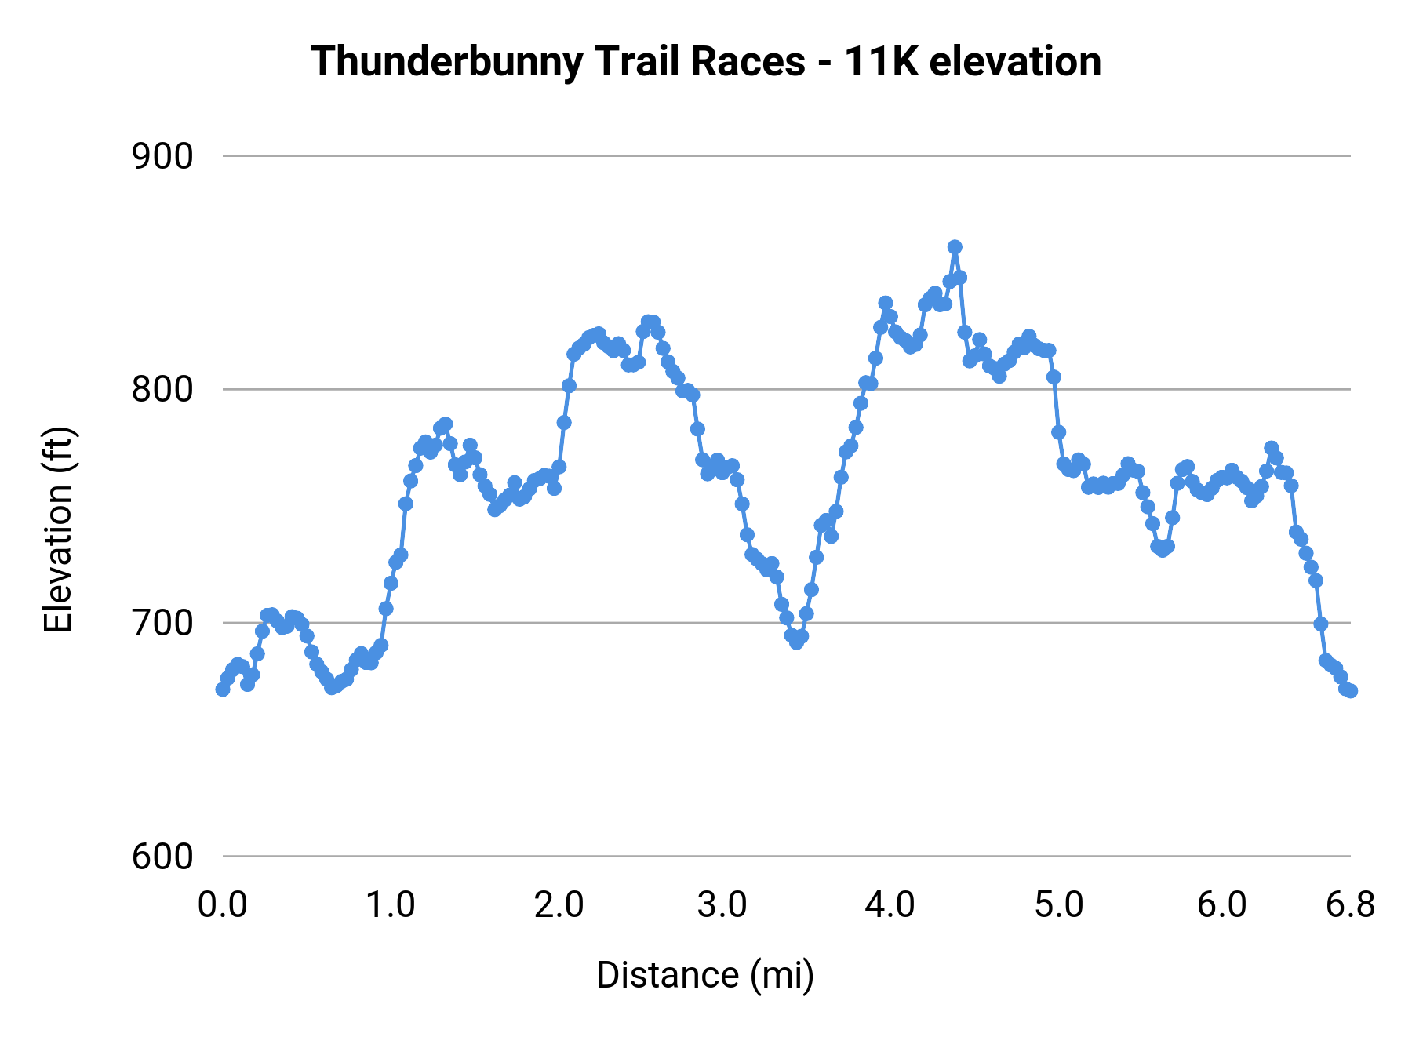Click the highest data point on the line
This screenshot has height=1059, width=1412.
[955, 247]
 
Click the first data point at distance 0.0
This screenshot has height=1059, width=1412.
[223, 689]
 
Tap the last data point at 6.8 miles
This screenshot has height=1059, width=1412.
[1350, 690]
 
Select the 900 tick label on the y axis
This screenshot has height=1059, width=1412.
[162, 157]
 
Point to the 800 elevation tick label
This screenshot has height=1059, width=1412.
[162, 389]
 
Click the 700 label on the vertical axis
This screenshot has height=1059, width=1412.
[162, 623]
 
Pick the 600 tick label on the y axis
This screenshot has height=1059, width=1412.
[162, 857]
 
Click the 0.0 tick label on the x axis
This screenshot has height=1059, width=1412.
[223, 905]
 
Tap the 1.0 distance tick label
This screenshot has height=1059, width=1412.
[391, 905]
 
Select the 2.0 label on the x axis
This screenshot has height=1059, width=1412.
[559, 905]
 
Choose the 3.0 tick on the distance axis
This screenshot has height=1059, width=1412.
[722, 905]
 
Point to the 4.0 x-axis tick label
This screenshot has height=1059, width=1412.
[890, 905]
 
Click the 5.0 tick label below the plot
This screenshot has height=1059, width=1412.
[1058, 905]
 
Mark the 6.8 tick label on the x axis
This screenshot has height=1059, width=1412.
[1350, 905]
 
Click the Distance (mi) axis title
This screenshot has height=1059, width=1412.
[705, 975]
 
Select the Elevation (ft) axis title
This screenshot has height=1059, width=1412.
[57, 529]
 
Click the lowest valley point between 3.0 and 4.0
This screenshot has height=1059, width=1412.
[796, 642]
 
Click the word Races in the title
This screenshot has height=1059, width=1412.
[748, 61]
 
